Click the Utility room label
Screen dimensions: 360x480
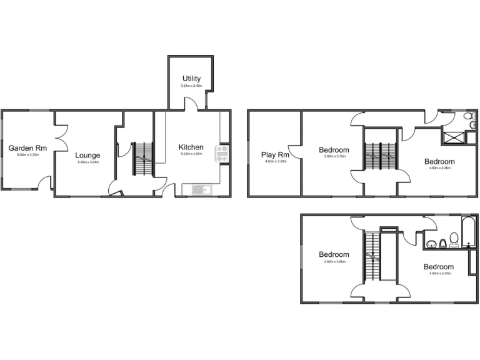click(191, 79)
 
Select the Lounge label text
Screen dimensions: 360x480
click(87, 156)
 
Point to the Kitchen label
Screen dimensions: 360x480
click(191, 147)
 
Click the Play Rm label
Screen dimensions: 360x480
click(275, 154)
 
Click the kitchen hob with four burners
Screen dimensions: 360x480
click(222, 153)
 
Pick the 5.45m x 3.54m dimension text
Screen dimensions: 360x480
click(87, 162)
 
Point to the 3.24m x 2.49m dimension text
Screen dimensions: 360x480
click(191, 86)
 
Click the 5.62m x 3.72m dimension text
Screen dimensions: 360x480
click(334, 157)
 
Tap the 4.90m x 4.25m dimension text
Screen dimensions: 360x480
click(441, 273)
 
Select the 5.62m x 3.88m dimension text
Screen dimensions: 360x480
click(334, 262)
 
